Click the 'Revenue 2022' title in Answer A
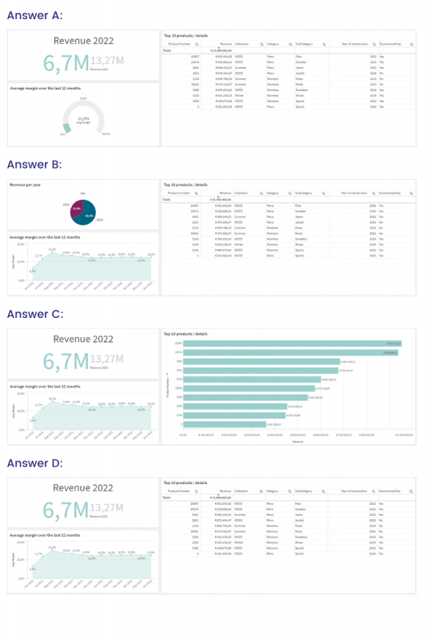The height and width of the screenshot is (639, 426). pyautogui.click(x=83, y=41)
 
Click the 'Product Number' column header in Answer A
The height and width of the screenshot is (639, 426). pyautogui.click(x=178, y=45)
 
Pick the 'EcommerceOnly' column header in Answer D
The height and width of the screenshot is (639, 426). pyautogui.click(x=392, y=490)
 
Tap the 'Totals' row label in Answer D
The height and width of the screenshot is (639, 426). pyautogui.click(x=168, y=497)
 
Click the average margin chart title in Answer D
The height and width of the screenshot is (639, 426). pyautogui.click(x=45, y=534)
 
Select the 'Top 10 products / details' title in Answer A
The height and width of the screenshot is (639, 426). pyautogui.click(x=185, y=35)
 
